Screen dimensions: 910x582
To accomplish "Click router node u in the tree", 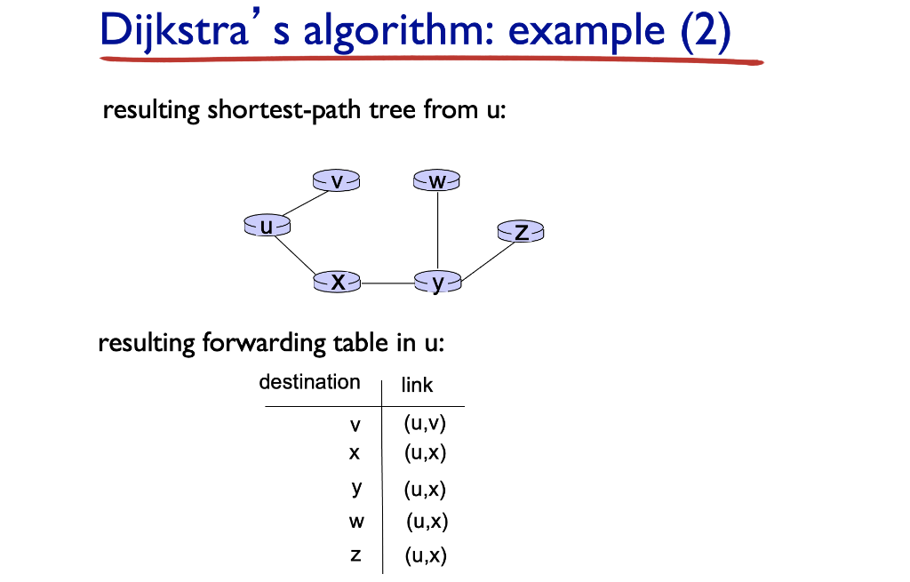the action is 267,225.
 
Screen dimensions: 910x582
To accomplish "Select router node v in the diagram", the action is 336,180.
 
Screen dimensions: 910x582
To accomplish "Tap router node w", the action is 437,179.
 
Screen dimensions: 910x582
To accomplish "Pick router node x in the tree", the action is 337,282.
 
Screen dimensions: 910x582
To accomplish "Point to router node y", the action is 438,283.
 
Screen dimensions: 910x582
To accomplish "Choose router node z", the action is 521,231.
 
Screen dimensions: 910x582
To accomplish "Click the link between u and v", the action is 306,203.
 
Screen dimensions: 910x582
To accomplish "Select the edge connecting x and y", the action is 387,283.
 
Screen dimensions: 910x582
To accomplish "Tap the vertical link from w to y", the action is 437,231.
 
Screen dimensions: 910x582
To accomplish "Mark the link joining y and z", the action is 488,262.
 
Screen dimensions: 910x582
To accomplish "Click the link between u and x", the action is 295,254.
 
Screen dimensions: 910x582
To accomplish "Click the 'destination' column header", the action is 309,382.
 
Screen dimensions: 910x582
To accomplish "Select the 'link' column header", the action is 417,385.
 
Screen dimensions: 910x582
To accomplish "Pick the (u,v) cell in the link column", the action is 425,423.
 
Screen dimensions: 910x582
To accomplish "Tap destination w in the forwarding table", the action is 356,522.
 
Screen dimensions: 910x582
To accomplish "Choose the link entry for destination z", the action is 426,555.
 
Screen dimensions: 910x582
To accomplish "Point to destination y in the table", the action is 356,489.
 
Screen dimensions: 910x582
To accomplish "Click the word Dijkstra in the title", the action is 174,29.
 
